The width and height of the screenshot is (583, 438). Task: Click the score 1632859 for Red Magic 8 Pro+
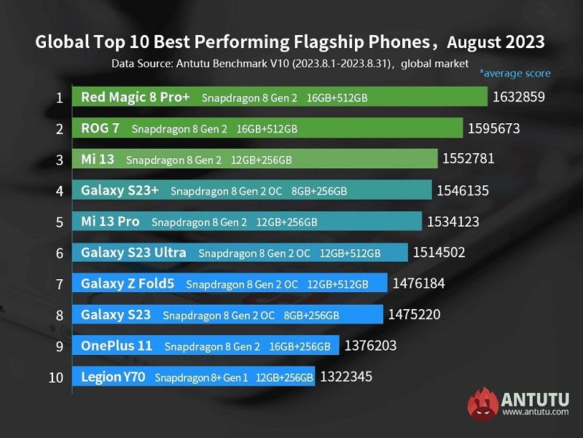point(519,97)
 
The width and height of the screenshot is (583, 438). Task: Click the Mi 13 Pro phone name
point(110,222)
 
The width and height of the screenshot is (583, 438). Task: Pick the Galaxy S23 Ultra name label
point(133,253)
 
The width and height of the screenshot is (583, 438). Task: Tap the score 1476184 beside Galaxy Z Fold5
point(418,283)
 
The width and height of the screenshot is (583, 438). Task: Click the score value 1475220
point(414,315)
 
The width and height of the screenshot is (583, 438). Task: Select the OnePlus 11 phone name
point(117,345)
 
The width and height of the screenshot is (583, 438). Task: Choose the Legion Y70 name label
point(114,377)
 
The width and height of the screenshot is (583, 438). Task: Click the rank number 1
point(59,97)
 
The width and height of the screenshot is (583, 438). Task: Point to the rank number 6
point(59,253)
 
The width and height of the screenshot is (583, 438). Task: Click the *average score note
point(514,73)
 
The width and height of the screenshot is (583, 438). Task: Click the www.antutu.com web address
point(535,412)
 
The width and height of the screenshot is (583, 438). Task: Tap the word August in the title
point(473,42)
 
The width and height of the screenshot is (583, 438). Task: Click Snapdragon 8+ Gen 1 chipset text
point(202,378)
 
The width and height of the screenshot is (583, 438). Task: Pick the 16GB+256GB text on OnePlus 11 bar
point(300,346)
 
